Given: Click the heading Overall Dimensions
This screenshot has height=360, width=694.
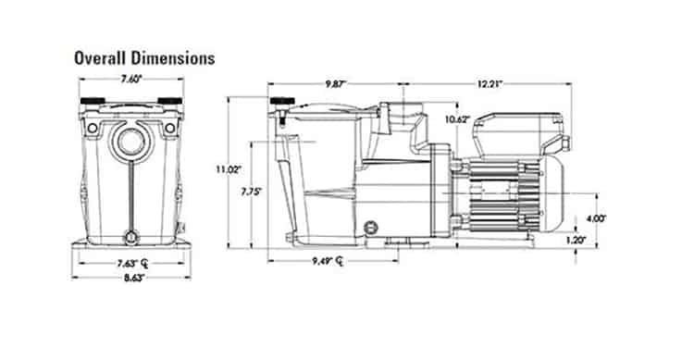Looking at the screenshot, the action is point(144,58).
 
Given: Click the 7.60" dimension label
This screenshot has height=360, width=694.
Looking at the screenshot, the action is point(131,80).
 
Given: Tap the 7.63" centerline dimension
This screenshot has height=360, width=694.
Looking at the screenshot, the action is point(132,264).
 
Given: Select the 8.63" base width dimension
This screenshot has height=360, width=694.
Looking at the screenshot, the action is point(134,278).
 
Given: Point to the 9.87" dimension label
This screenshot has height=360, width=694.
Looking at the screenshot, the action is point(336,83).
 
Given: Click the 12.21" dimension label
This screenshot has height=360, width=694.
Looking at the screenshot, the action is point(490,83).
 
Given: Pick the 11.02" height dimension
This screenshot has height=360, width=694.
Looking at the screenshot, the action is point(229,168).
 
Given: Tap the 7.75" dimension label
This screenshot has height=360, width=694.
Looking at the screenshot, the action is point(252,192).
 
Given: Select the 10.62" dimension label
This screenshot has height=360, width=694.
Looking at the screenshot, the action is point(457,119).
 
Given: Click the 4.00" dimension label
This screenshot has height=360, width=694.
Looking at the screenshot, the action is point(596,218).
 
